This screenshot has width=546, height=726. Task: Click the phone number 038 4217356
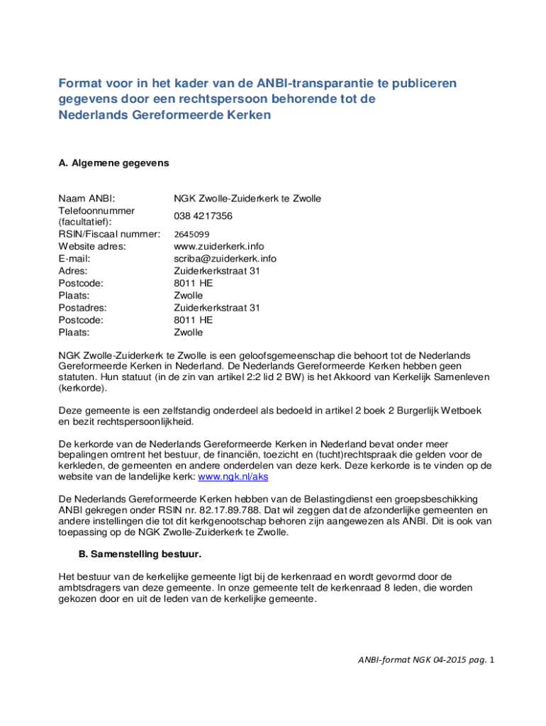tap(203, 216)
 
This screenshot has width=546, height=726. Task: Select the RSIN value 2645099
tap(191, 234)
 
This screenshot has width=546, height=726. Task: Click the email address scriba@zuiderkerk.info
tap(225, 258)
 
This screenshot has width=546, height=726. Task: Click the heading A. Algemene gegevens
tap(113, 163)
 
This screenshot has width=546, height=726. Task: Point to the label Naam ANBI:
tap(87, 199)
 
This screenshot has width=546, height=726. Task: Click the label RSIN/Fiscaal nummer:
tap(109, 234)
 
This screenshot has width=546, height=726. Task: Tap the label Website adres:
tap(92, 246)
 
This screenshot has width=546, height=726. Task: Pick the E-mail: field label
tap(74, 258)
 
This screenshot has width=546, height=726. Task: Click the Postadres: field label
tap(82, 308)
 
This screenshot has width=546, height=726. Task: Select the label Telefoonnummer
tap(96, 211)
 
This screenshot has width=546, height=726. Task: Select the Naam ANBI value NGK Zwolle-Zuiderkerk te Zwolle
tap(247, 199)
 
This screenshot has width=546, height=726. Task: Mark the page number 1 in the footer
tap(490, 660)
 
